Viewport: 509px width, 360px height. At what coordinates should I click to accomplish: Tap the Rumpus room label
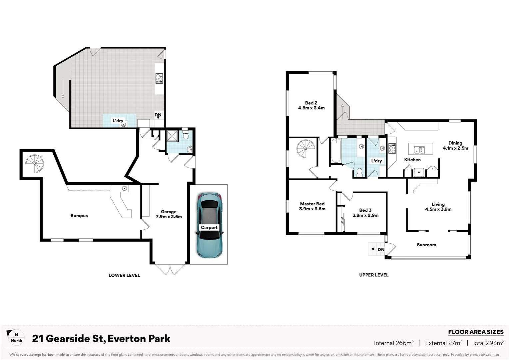79,216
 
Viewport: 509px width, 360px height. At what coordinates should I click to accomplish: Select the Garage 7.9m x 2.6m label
169,214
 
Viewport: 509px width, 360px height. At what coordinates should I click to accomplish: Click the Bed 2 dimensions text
311,108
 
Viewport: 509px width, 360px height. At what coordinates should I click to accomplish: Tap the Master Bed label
312,204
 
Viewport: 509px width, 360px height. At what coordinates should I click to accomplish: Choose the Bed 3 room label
365,210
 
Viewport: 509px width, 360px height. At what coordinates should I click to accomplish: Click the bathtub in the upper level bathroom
335,151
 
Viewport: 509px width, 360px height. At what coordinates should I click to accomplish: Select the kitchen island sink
418,149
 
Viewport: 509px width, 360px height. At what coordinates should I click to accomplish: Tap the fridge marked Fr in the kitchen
419,172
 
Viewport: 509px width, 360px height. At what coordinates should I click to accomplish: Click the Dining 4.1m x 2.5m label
455,145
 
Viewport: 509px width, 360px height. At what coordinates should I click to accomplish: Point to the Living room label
438,204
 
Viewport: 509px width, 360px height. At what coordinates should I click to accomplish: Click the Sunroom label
426,245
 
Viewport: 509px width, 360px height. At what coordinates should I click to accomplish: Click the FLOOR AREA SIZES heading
476,332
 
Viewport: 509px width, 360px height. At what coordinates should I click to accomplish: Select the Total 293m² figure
488,343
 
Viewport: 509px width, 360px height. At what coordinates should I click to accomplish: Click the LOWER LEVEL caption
124,275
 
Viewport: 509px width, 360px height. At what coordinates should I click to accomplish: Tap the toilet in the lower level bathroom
186,135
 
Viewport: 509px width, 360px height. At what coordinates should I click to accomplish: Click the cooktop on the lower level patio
159,78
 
